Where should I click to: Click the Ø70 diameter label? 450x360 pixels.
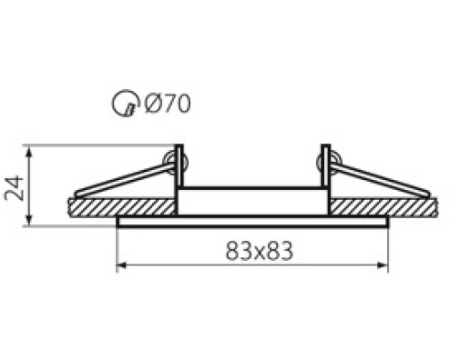click(167, 103)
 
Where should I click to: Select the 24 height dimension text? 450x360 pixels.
click(13, 188)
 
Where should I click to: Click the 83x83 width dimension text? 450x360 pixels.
click(259, 251)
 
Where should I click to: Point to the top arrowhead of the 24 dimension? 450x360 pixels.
click(29, 151)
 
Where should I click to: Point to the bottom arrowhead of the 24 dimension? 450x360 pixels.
click(29, 220)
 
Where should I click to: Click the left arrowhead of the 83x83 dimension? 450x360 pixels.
click(121, 265)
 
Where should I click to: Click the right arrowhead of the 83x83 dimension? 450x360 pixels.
click(382, 265)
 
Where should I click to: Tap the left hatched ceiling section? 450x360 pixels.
click(121, 207)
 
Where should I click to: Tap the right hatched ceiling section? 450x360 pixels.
click(383, 207)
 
